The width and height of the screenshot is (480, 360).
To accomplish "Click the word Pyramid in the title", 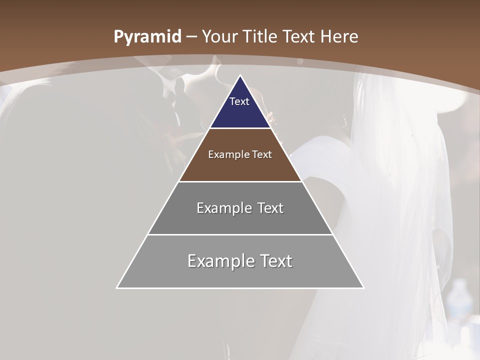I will coord(147,37).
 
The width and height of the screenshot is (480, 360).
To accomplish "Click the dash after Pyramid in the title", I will coord(191,37).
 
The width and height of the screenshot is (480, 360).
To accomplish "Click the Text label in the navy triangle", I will coord(239,101).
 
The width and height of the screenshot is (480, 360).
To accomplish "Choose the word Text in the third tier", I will coord(270,208).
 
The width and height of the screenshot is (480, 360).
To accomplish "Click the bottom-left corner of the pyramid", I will coord(117,287).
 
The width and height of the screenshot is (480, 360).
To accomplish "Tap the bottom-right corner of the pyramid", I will coord(363,287).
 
